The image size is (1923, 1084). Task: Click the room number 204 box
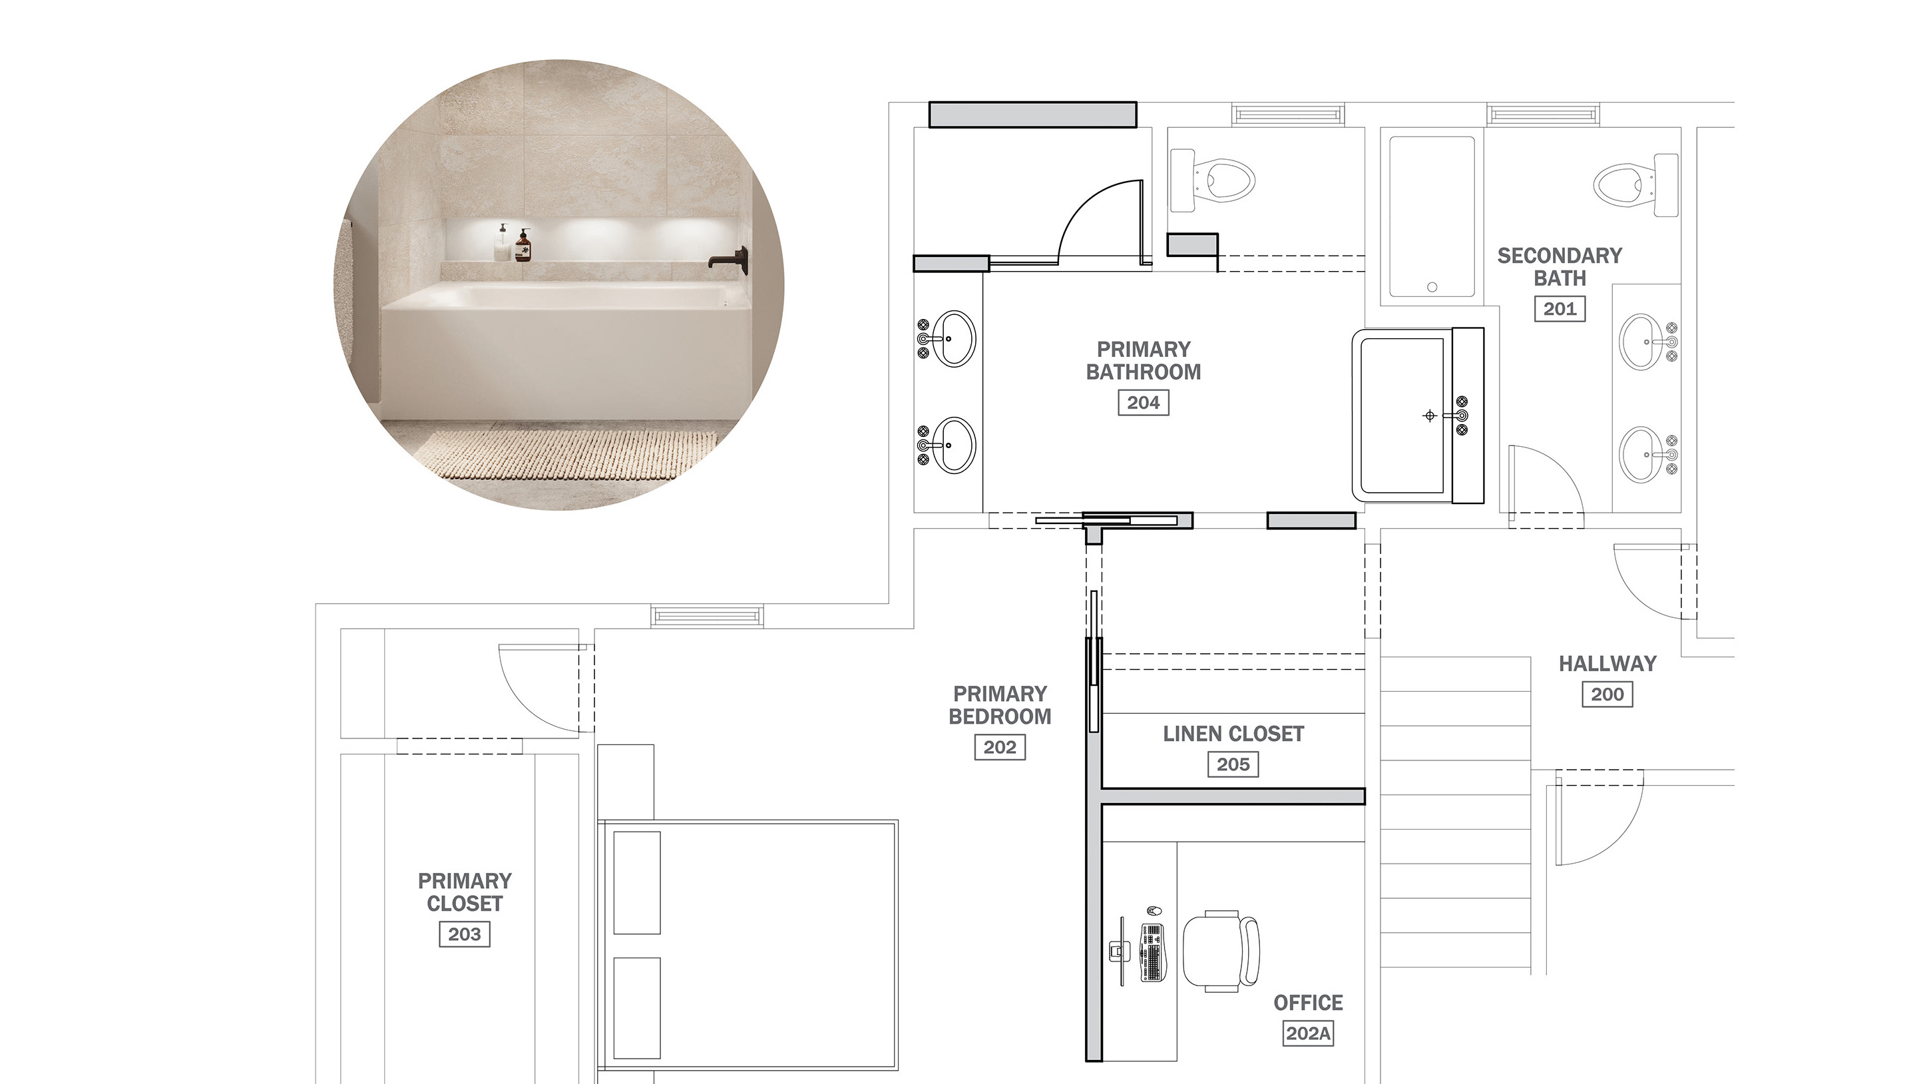[1143, 402]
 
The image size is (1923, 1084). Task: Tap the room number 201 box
[1560, 308]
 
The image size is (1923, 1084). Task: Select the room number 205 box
[1233, 764]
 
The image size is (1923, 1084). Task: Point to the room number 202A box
[1308, 1033]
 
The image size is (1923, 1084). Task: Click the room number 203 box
[465, 934]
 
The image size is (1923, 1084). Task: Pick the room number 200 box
[1607, 694]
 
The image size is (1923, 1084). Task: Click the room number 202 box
[1000, 747]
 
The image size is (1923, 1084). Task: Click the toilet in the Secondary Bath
[1635, 184]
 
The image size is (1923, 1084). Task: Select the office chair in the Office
[1221, 951]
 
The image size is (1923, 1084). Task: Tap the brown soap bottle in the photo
[523, 246]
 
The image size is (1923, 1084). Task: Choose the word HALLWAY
[1607, 664]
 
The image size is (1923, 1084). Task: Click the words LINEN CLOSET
[1233, 734]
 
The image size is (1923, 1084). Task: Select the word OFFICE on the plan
[1308, 1003]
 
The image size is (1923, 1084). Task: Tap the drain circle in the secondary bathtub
[1432, 287]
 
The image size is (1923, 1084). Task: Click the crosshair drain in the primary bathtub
[1430, 416]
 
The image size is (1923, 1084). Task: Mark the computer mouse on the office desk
[1154, 911]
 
